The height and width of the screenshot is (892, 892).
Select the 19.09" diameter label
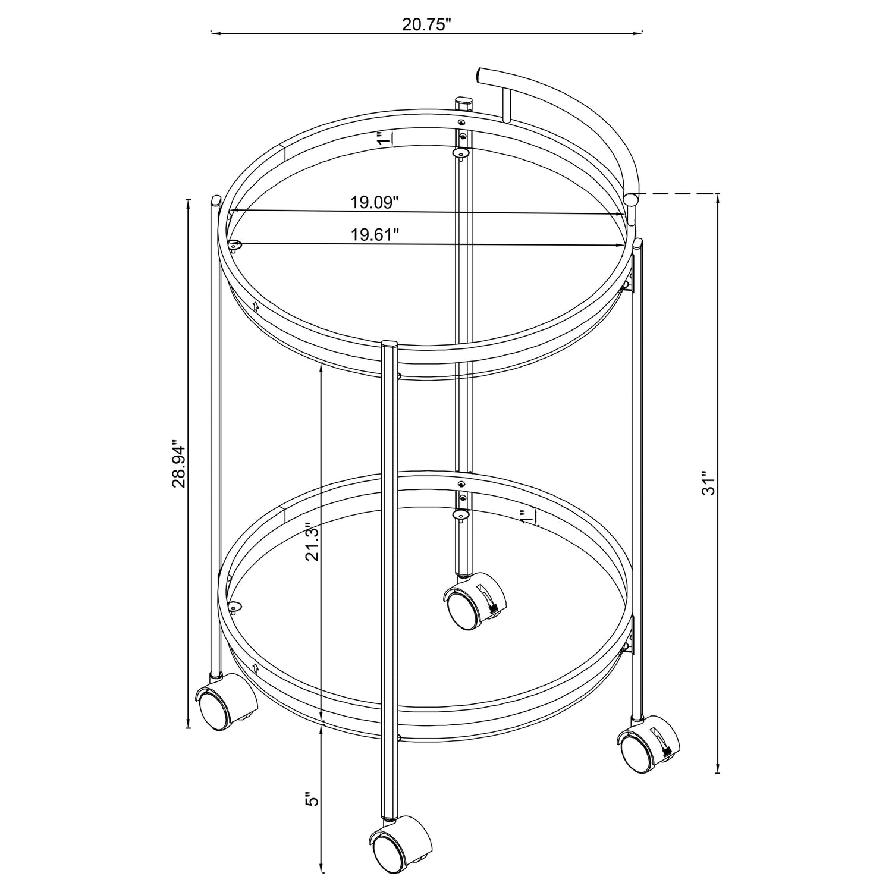373,202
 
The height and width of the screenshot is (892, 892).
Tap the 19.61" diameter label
374,235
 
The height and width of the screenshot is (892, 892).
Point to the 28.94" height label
179,464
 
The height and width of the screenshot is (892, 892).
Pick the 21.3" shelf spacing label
313,542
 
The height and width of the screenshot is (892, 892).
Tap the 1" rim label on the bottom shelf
527,517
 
